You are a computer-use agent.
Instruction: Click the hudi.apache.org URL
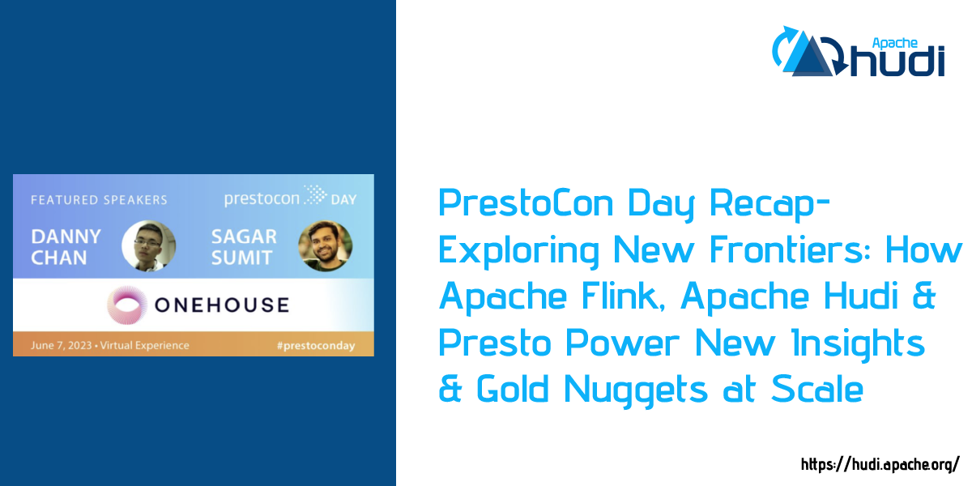[x=880, y=465]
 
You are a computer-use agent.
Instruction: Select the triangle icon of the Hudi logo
[x=810, y=54]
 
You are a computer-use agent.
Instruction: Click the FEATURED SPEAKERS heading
[x=99, y=199]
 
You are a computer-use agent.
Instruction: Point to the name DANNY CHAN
[x=66, y=246]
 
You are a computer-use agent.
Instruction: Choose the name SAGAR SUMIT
[x=244, y=246]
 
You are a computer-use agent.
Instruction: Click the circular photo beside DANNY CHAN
[x=148, y=246]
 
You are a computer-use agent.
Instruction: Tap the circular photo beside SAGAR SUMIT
[x=325, y=246]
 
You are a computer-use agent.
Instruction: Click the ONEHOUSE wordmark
[x=221, y=305]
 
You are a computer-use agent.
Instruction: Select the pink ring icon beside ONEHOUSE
[x=128, y=305]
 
